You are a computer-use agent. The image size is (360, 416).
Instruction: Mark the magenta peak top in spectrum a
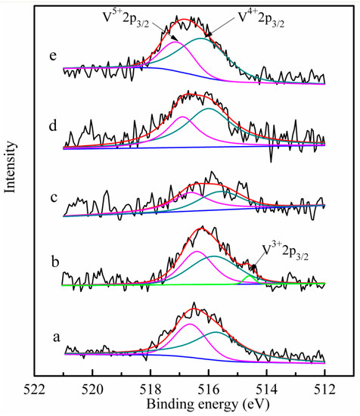point(190,324)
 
